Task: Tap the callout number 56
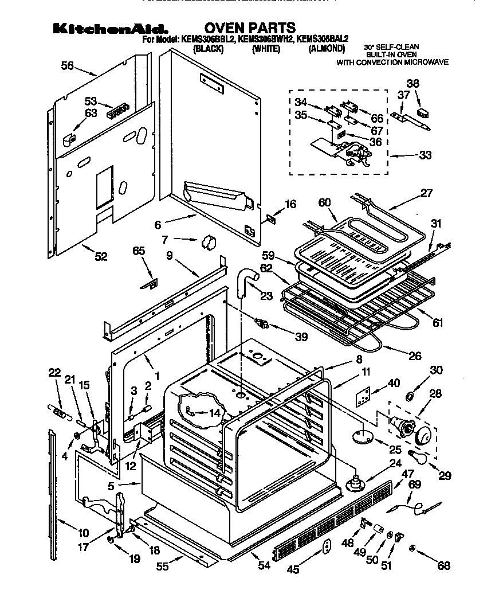tap(68, 66)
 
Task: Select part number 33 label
tap(425, 154)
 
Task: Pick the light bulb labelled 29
tap(414, 457)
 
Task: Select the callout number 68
tap(443, 566)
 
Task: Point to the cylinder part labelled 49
tap(379, 528)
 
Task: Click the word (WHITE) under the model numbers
tap(266, 49)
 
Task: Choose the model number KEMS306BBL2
tap(207, 40)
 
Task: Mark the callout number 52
tap(101, 257)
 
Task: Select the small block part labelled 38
tap(422, 112)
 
